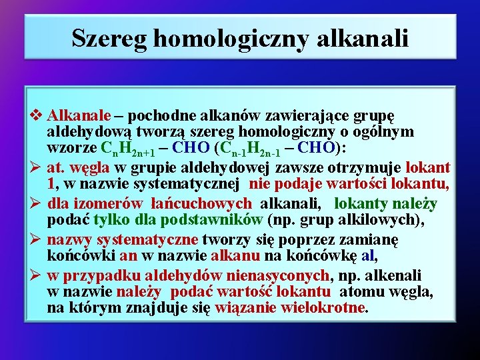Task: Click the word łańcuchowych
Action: tap(204, 203)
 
